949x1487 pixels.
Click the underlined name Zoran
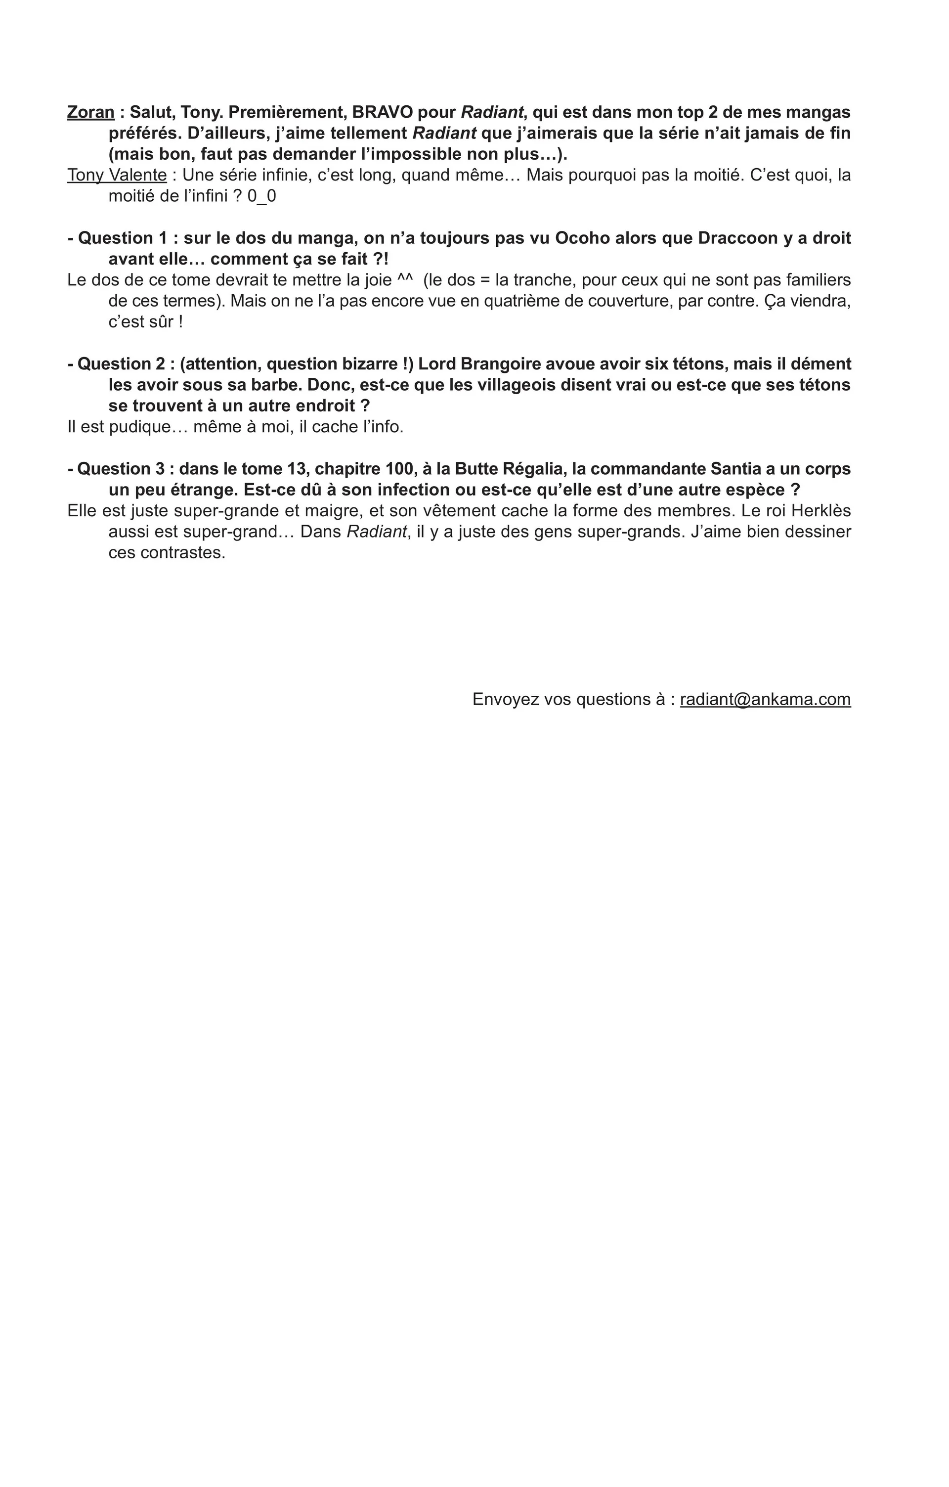(91, 112)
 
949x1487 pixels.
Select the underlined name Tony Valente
(117, 176)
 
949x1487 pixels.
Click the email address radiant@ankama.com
(765, 699)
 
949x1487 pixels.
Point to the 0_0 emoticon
(261, 196)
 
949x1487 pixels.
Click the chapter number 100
(402, 469)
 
